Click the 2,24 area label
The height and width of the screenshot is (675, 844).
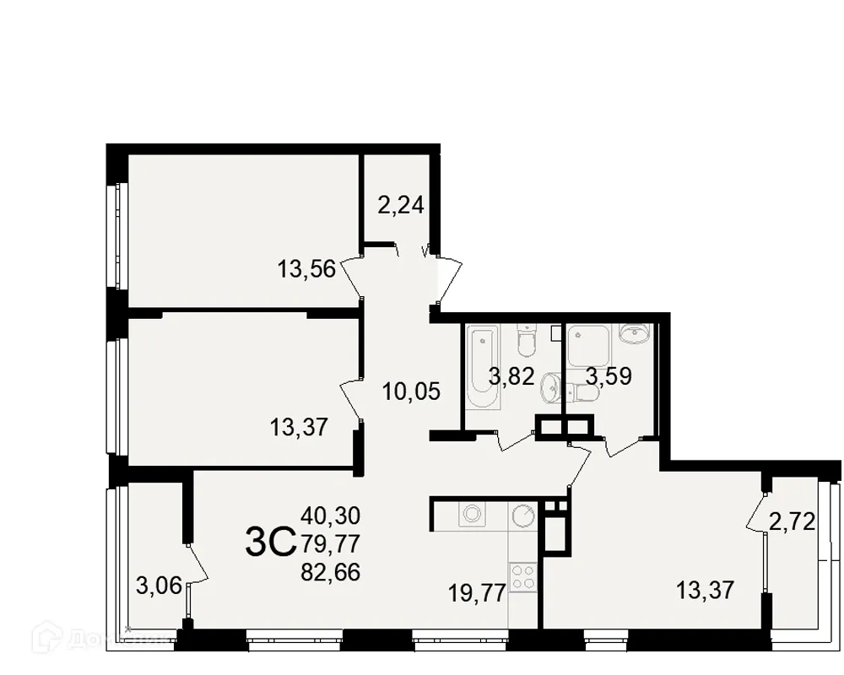(x=400, y=205)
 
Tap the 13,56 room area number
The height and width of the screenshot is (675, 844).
(x=306, y=269)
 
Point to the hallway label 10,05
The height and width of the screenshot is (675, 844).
(x=410, y=391)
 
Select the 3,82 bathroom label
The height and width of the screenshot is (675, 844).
(x=512, y=376)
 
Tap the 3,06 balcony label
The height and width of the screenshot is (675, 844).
(x=159, y=584)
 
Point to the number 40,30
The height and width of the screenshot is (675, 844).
(x=331, y=514)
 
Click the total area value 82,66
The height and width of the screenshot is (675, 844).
(x=331, y=572)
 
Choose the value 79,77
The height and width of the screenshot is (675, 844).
(x=331, y=543)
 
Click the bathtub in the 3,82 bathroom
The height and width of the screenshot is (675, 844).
(x=481, y=369)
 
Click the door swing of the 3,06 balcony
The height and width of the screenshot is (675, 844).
(x=197, y=564)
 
